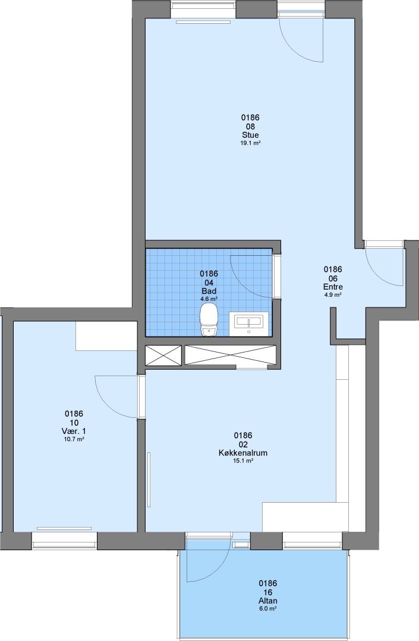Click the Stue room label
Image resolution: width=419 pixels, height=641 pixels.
pos(250,135)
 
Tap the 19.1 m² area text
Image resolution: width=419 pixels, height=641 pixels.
pos(250,144)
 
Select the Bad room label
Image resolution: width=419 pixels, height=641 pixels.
pos(209,291)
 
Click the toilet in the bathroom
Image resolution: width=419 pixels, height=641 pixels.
pos(209,322)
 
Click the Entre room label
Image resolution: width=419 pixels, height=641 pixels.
pos(333,287)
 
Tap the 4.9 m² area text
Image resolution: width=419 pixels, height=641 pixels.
pos(333,295)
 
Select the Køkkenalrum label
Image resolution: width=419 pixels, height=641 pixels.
pos(243,453)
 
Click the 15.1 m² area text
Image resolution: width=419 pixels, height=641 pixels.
pos(243,461)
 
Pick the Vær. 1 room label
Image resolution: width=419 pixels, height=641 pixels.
pos(74,431)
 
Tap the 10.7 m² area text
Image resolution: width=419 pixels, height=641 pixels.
pos(74,439)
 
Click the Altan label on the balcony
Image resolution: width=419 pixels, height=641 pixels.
pos(267,601)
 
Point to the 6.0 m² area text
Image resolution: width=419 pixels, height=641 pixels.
pos(267,609)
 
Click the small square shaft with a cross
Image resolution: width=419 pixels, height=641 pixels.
pos(163,355)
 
